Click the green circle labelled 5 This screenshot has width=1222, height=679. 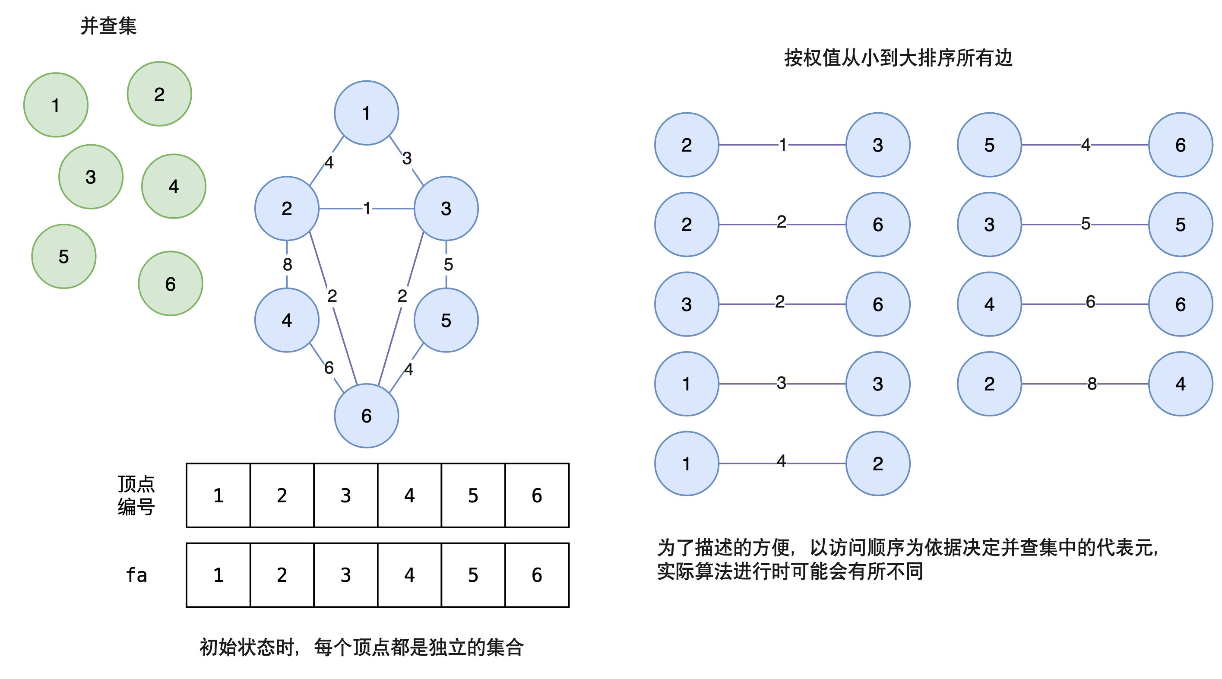pyautogui.click(x=63, y=256)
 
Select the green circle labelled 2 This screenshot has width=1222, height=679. pyautogui.click(x=159, y=94)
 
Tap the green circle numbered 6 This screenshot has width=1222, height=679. pyautogui.click(x=170, y=283)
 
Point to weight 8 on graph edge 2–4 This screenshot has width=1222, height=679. pyautogui.click(x=287, y=264)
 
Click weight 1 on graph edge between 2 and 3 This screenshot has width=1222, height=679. pyautogui.click(x=366, y=208)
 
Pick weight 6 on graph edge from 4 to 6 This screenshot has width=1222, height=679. pyautogui.click(x=329, y=367)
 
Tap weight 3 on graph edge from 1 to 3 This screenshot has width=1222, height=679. pyautogui.click(x=407, y=158)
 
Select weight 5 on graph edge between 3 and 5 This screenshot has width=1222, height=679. pyautogui.click(x=448, y=264)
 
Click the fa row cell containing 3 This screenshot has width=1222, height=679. pyautogui.click(x=345, y=574)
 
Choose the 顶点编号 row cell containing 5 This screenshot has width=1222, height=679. pyautogui.click(x=473, y=495)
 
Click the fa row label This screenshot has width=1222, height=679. pyautogui.click(x=136, y=574)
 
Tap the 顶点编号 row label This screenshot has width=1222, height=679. pyautogui.click(x=136, y=495)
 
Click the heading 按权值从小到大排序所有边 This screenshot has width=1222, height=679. pyautogui.click(x=898, y=58)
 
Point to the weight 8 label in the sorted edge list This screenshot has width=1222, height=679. pyautogui.click(x=1092, y=384)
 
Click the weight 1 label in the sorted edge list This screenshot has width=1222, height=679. pyautogui.click(x=783, y=144)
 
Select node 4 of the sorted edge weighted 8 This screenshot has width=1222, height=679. pyautogui.click(x=1180, y=384)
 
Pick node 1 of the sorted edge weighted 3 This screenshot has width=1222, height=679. pyautogui.click(x=687, y=384)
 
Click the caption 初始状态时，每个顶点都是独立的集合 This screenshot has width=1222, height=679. pyautogui.click(x=361, y=647)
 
